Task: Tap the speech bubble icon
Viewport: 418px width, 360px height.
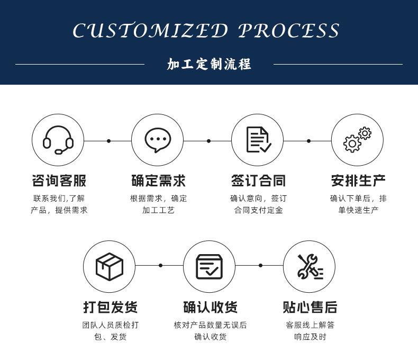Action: (158, 140)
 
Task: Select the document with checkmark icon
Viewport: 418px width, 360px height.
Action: (259, 140)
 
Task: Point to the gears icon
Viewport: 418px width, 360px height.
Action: (357, 140)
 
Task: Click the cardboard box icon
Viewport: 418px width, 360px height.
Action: (110, 267)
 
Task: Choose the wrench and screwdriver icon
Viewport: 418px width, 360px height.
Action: (310, 267)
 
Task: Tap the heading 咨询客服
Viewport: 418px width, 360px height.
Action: (59, 181)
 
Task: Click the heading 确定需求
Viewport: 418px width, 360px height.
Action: (158, 181)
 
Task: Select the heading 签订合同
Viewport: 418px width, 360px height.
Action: (258, 181)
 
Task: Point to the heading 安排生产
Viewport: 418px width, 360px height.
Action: (358, 181)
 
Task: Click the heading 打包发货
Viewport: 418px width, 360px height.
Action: (111, 307)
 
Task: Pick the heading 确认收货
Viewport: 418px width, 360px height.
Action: (211, 307)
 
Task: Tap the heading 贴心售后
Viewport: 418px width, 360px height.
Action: (310, 307)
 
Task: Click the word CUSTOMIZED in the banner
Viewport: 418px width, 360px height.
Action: (150, 30)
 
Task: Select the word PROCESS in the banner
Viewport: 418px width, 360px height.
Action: (288, 30)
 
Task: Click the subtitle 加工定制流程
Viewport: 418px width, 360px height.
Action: (209, 64)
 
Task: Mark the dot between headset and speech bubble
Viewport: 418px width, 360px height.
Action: (108, 141)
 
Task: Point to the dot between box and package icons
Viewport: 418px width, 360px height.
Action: (160, 265)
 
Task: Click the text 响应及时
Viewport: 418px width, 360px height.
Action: (310, 337)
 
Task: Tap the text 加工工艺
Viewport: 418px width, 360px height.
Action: (158, 210)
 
